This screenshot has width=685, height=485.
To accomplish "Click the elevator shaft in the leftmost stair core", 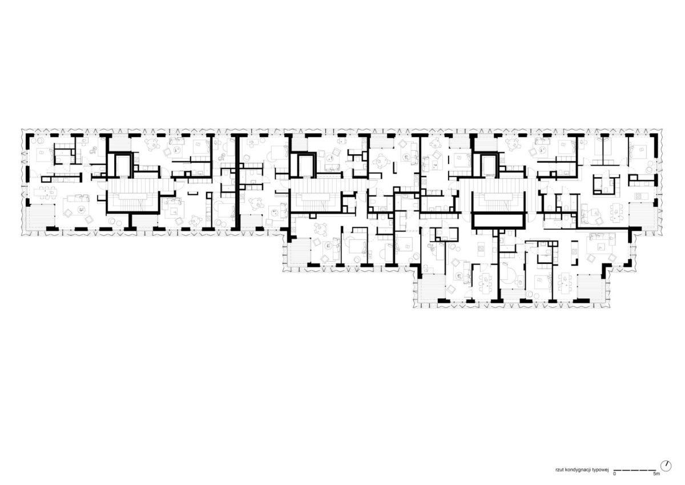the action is [123, 165].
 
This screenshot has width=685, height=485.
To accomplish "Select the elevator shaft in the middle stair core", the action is [307, 166].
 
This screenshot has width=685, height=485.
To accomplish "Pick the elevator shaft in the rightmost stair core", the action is [489, 165].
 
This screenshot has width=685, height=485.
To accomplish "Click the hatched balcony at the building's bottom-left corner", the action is [40, 216].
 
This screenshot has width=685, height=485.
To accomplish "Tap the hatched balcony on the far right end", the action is [642, 216].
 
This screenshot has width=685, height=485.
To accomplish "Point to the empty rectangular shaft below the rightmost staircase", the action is [498, 221].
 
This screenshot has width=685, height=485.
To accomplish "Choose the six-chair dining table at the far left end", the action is [45, 192].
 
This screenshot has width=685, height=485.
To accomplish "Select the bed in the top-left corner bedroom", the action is [45, 155].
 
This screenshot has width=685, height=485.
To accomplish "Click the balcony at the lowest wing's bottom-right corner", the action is [590, 287].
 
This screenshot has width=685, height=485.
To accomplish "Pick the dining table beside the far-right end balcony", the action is [616, 213].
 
